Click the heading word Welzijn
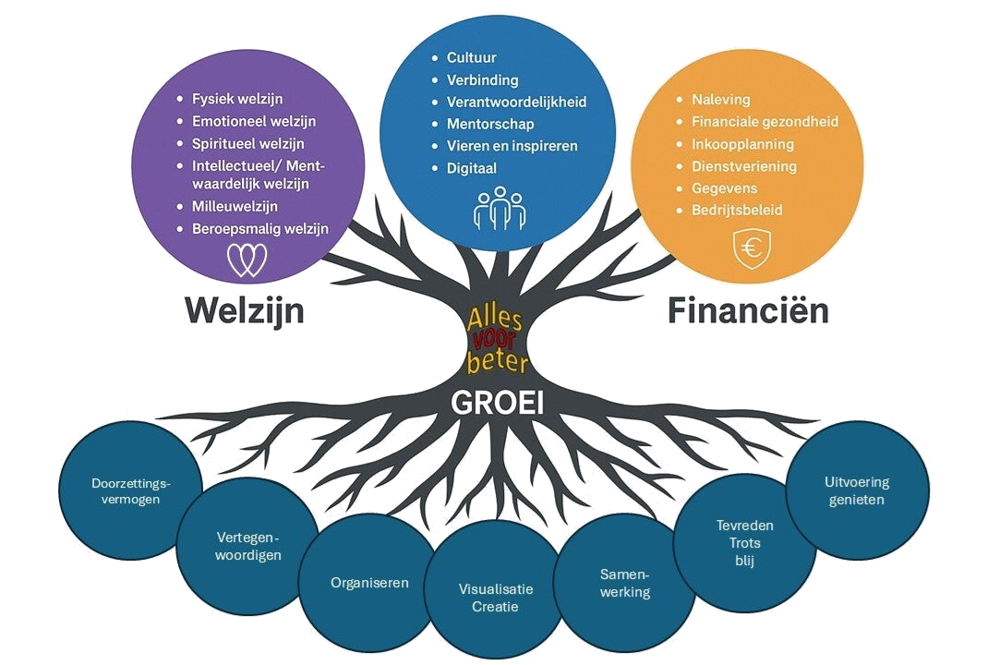pos(245,310)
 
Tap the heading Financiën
pos(748,311)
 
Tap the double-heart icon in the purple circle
pos(247,260)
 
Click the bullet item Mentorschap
pos(490,124)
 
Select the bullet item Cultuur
pos(472,57)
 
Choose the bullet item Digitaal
pos(471,168)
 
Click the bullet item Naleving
pos(721,100)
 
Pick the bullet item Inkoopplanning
pos(742,144)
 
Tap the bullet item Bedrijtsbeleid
pos(737,211)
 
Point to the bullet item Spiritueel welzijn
pos(247,144)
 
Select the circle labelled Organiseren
pos(369,582)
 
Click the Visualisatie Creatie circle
pos(496,598)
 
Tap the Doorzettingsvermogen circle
pos(132,490)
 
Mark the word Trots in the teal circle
pos(744,543)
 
